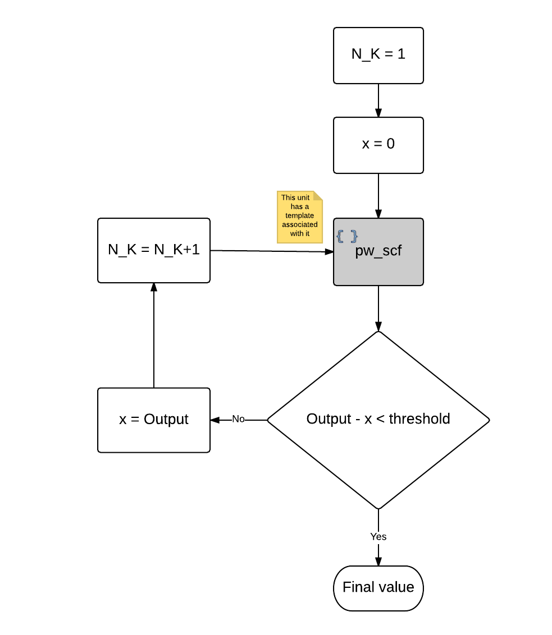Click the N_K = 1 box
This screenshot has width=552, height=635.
pyautogui.click(x=378, y=55)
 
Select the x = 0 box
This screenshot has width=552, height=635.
pyautogui.click(x=378, y=145)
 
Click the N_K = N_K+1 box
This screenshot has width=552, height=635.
pyautogui.click(x=153, y=250)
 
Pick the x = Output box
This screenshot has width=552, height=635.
pyautogui.click(x=153, y=420)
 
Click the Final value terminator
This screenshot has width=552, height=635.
pyautogui.click(x=378, y=587)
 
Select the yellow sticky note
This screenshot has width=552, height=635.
pyautogui.click(x=300, y=217)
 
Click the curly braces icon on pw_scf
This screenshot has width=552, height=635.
pyautogui.click(x=346, y=236)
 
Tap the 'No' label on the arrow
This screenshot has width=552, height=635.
pyautogui.click(x=239, y=419)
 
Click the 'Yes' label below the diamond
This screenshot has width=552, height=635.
pyautogui.click(x=378, y=537)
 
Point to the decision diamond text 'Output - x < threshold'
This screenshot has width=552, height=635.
pyautogui.click(x=378, y=419)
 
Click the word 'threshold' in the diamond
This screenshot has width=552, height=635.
pyautogui.click(x=419, y=419)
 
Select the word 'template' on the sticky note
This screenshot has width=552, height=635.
pyautogui.click(x=300, y=215)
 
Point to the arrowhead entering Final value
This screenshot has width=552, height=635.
pyautogui.click(x=378, y=562)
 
